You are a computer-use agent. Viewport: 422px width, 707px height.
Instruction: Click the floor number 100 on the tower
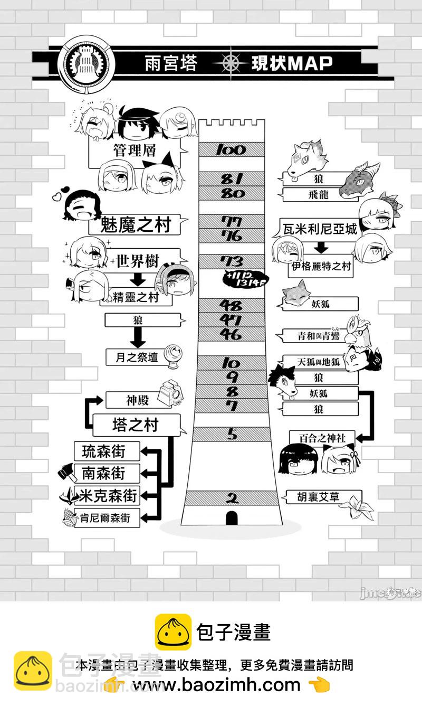point(231,150)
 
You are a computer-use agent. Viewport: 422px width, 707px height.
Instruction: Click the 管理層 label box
point(135,151)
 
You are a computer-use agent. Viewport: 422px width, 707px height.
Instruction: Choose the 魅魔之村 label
point(136,225)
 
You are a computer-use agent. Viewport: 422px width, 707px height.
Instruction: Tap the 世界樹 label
point(138,261)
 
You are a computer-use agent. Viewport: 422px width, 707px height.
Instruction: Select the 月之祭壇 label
point(136,357)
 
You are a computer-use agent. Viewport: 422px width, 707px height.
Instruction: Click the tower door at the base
point(231,519)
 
